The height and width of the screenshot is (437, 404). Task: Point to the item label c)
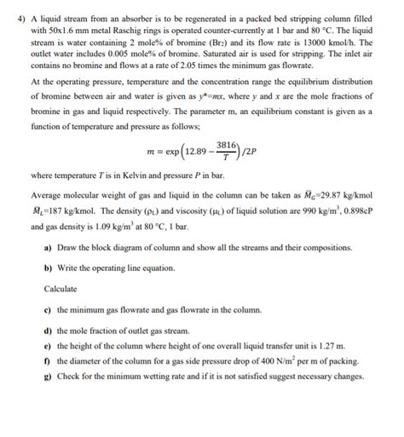point(46,309)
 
